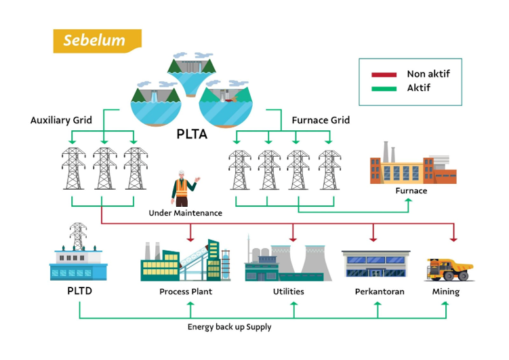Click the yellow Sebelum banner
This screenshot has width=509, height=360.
pos(98,41)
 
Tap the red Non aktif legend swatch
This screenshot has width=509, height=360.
pos(384,75)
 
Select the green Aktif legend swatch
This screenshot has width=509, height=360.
pos(384,89)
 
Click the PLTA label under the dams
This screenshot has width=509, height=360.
pos(192,134)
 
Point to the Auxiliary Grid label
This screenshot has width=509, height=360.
pos(61,120)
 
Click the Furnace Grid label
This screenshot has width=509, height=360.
pos(321,120)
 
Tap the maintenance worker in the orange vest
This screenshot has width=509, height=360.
pos(184,188)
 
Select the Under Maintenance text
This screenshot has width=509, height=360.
pos(185,213)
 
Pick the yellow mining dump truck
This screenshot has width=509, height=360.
pos(449,269)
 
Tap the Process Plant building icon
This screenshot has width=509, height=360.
pos(185,260)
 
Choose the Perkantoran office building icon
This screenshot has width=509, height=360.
pos(376,264)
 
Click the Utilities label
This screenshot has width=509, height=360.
pos(289,292)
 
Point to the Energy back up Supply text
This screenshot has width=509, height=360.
pos(230,327)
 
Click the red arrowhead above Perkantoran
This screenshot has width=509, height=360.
pos(373,239)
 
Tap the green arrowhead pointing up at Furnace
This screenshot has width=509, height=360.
pos(409,201)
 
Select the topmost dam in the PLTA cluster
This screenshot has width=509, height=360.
pos(192,74)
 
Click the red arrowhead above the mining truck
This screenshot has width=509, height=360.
pos(453,239)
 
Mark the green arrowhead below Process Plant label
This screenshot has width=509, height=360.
pos(190,304)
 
